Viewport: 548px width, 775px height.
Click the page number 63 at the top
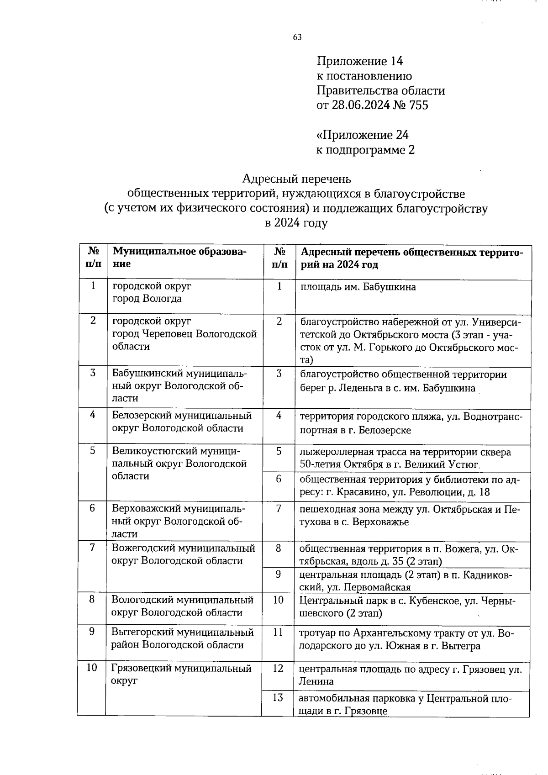297,37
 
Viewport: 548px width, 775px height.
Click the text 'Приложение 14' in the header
360,61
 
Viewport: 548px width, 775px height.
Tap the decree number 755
419,105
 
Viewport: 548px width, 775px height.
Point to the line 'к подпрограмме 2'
366,150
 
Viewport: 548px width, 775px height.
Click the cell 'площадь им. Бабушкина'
358,287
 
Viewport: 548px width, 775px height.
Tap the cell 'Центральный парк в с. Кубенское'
406,606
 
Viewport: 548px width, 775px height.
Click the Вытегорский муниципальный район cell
182,638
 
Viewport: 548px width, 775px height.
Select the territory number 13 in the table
278,697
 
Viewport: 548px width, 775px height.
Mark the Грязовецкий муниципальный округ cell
181,675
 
